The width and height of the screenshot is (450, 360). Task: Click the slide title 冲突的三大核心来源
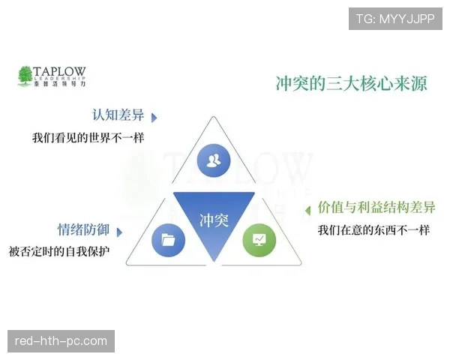(x=352, y=83)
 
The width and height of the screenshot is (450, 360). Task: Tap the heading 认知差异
(x=117, y=116)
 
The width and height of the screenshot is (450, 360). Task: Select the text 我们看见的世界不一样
(x=88, y=138)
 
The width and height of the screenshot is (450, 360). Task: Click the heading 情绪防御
(x=83, y=230)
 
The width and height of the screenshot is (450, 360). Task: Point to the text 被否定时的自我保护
(x=59, y=251)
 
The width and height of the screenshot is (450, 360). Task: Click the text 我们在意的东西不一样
(x=373, y=229)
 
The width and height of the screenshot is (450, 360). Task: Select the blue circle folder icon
(x=168, y=240)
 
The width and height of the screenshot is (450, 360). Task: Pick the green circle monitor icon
(x=259, y=240)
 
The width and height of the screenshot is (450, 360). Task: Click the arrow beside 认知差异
(x=154, y=118)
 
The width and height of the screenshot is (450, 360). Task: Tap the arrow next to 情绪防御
(x=119, y=232)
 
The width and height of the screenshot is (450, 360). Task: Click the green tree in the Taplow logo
(x=25, y=76)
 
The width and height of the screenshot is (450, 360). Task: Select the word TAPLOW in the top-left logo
(x=60, y=71)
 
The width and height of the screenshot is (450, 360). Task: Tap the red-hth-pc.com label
(x=61, y=341)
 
